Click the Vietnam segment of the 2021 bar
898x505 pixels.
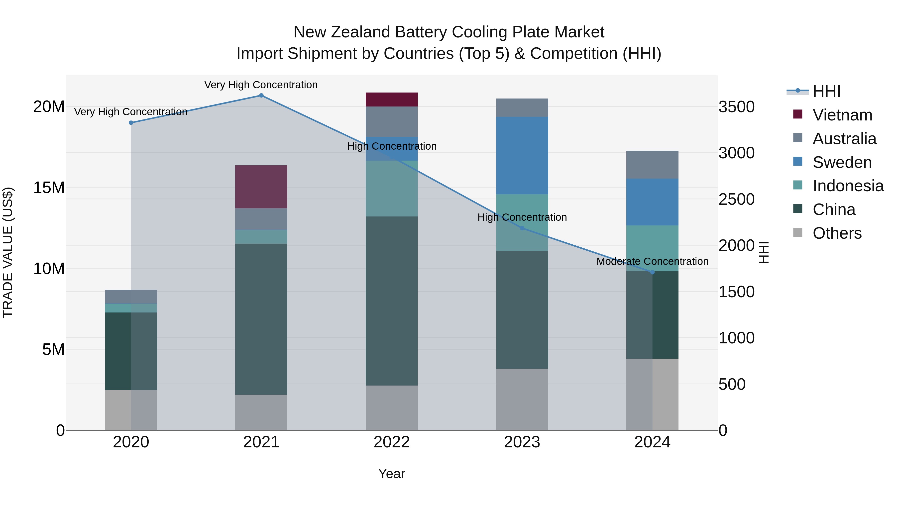261,187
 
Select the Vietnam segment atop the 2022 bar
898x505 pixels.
391,99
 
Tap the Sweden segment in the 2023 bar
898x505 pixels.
522,155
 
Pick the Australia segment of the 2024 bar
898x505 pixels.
652,165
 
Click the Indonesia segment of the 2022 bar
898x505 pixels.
391,189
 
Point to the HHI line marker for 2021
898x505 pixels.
261,96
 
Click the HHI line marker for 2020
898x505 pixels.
131,123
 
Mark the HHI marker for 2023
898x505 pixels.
522,228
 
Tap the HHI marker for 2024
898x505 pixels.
652,272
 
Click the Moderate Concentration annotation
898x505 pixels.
652,261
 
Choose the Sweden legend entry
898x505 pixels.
842,162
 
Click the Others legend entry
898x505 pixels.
837,233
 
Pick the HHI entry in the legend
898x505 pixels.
826,91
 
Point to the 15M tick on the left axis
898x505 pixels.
49,188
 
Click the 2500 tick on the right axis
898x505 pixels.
736,199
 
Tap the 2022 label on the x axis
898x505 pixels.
391,442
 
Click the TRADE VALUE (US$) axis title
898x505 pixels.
8,252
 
